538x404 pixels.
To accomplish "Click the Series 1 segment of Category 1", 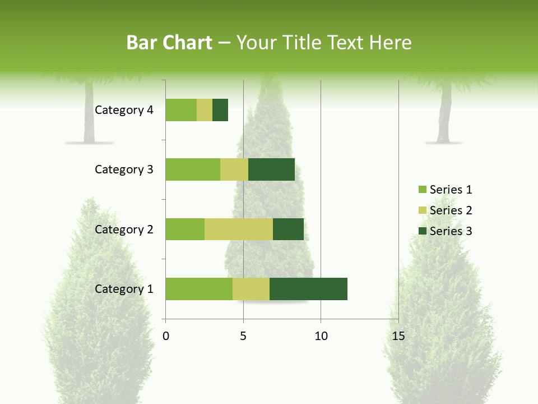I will [x=199, y=289].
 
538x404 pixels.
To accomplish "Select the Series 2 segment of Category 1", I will [x=251, y=289].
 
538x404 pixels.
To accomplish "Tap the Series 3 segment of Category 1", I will [x=308, y=289].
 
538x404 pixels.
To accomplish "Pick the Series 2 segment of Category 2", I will [x=239, y=229].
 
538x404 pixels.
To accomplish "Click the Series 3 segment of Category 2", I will [x=288, y=229].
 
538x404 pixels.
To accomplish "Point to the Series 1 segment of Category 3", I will [x=193, y=169].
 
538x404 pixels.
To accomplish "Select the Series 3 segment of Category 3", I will [x=271, y=169].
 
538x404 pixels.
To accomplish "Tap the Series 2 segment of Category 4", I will [x=205, y=110].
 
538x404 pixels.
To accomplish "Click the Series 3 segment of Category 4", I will [x=220, y=110].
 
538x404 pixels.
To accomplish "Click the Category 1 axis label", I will [x=124, y=289].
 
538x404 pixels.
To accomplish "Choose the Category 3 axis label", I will [x=124, y=169].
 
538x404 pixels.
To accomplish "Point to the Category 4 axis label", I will [x=124, y=110].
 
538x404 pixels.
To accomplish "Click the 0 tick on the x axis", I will [x=166, y=336].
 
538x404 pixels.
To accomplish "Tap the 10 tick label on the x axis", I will [x=321, y=336].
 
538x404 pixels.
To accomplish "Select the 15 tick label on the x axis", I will [x=398, y=336].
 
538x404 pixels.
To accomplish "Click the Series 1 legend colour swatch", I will [x=422, y=190].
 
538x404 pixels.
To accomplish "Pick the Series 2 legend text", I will [x=451, y=210].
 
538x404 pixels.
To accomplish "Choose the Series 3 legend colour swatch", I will [x=422, y=231].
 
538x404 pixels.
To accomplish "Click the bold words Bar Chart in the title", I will [x=169, y=43].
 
